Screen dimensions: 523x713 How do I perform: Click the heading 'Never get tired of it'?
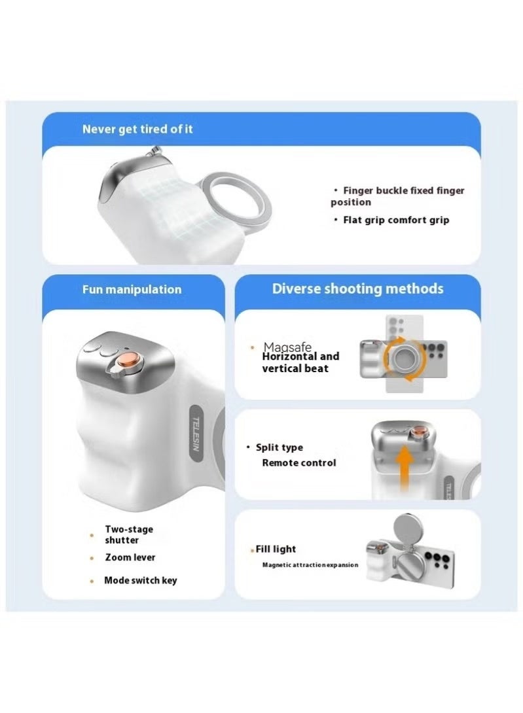click(x=137, y=129)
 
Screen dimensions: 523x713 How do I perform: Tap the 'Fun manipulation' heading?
click(x=132, y=290)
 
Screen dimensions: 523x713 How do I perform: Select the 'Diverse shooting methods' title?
click(x=358, y=288)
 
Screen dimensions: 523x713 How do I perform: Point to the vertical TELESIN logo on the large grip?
click(x=196, y=433)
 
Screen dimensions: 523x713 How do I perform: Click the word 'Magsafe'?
click(x=287, y=347)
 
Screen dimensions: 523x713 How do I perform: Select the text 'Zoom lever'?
click(x=130, y=557)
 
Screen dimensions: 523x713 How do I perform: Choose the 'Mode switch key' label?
click(x=140, y=581)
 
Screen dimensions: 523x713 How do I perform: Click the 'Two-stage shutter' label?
click(x=129, y=535)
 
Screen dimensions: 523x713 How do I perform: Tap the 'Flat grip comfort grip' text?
click(x=396, y=220)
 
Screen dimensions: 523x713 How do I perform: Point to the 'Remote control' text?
click(x=298, y=463)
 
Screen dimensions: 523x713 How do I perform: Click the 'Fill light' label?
click(x=276, y=549)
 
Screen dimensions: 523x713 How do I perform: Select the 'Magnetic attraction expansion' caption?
click(x=310, y=565)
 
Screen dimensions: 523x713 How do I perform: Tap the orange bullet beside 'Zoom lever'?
click(x=92, y=558)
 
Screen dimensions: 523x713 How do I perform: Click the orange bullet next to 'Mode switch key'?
click(x=92, y=581)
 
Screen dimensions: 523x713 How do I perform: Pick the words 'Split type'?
click(x=279, y=447)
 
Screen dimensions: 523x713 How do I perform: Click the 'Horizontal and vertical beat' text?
click(x=300, y=362)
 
